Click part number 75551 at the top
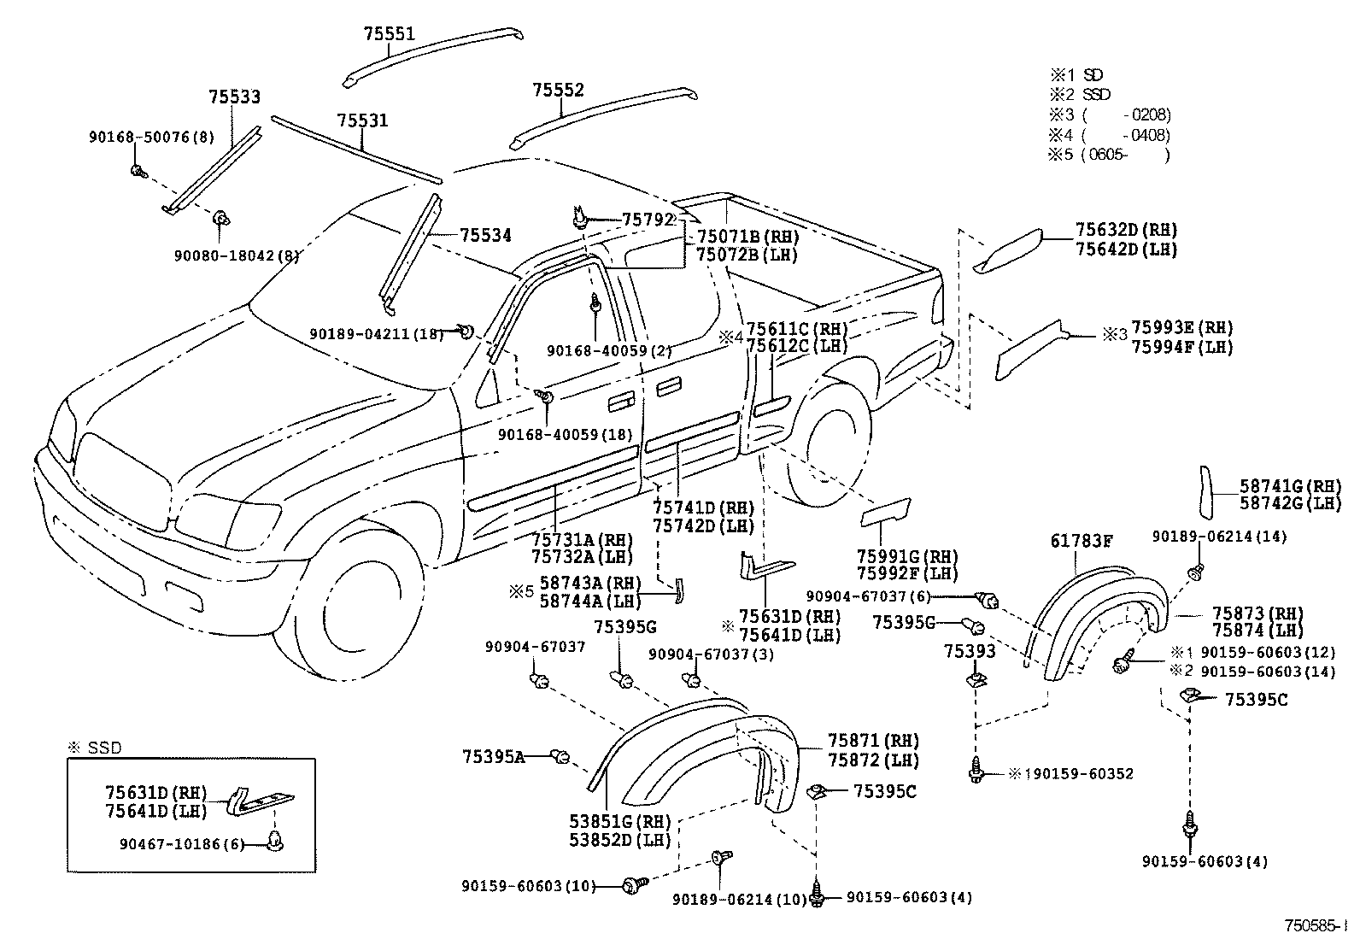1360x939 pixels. click(x=389, y=35)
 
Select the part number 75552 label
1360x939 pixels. click(x=558, y=91)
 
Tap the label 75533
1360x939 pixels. click(x=234, y=98)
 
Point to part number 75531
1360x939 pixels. click(x=361, y=121)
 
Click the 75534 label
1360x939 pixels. click(x=485, y=236)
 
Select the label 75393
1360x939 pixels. click(x=970, y=652)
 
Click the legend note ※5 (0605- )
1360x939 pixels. click(x=1108, y=155)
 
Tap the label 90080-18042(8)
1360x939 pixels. click(x=237, y=255)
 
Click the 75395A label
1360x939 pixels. click(x=493, y=757)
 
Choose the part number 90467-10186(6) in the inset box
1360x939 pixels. click(x=182, y=844)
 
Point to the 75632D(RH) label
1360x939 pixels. click(x=1125, y=230)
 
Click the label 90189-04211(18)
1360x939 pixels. click(x=376, y=334)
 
